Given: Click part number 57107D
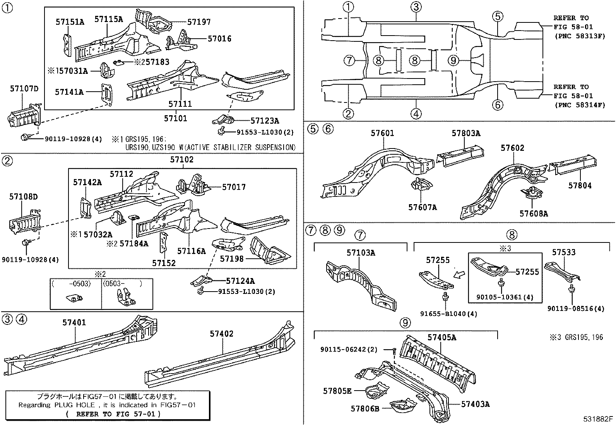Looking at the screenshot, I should coord(24,89).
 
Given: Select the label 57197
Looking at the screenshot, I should coord(199,22).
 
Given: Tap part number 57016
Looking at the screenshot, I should coord(219,39).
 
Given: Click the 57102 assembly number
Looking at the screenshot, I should coord(182,160).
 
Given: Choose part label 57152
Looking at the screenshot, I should coord(164,263).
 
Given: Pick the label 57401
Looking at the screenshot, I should coord(74,322).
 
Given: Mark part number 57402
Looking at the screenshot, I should coord(222,333).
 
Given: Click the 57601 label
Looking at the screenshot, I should coord(382,133).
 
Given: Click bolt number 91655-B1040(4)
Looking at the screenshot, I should coord(448,314).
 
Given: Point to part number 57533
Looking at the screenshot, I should coord(563,252).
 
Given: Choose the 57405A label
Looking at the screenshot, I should coord(441,337).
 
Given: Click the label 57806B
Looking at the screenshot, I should coord(365,408).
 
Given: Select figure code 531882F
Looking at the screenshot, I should coord(598,418).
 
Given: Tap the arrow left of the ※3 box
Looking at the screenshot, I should coord(459,274).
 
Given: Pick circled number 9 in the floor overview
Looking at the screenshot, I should coord(453,60).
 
